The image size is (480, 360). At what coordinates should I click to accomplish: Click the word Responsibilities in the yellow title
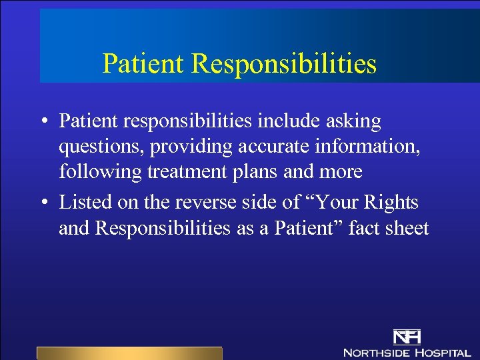click(284, 65)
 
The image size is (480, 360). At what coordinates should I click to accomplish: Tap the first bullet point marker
click(43, 122)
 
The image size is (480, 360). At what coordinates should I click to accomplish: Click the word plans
click(259, 172)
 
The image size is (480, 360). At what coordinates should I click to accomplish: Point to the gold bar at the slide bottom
click(129, 353)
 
